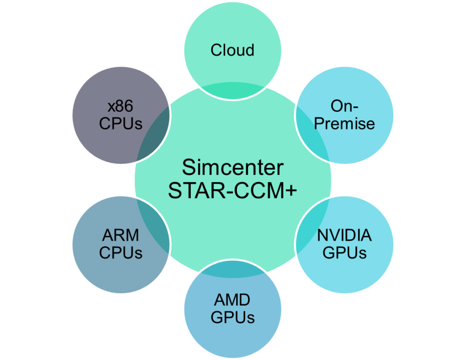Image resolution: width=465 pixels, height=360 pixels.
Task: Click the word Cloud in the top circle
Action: coord(232,50)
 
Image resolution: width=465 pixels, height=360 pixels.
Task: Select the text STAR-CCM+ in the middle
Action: coord(232,191)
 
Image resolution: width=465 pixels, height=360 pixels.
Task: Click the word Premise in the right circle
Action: coord(345,123)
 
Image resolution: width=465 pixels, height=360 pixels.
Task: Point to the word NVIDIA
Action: coord(344,235)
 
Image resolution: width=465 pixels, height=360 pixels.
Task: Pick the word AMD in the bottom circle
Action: coord(232,300)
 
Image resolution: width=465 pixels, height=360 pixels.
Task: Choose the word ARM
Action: coord(120,235)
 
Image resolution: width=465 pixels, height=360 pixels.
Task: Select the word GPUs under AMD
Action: coord(232,317)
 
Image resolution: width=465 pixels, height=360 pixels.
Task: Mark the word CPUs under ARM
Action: coord(121,253)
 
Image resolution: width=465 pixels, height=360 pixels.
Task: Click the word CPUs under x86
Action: coord(121,124)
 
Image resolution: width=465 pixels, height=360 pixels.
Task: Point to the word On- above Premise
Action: coord(345,106)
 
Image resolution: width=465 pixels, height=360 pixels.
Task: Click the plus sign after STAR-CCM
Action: coord(291,191)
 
